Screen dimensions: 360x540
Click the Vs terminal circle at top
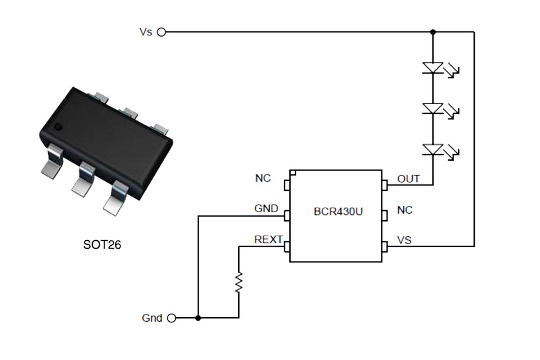tap(161, 32)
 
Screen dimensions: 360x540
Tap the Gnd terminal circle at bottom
tap(172, 318)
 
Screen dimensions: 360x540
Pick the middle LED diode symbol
tap(433, 109)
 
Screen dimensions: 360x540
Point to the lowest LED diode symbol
tap(433, 149)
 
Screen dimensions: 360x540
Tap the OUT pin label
tap(408, 179)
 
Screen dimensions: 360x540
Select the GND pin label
tap(266, 209)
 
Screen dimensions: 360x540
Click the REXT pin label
tap(268, 240)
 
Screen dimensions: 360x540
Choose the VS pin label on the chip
tap(404, 240)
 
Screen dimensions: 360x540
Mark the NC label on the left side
tap(263, 178)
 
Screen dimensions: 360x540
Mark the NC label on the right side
tap(404, 210)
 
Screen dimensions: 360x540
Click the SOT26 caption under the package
tap(102, 245)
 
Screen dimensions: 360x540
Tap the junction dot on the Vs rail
tap(433, 32)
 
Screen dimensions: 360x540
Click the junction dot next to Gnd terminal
tap(198, 318)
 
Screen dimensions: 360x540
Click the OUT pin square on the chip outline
tap(385, 184)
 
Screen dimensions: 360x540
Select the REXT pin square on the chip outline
tap(287, 246)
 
